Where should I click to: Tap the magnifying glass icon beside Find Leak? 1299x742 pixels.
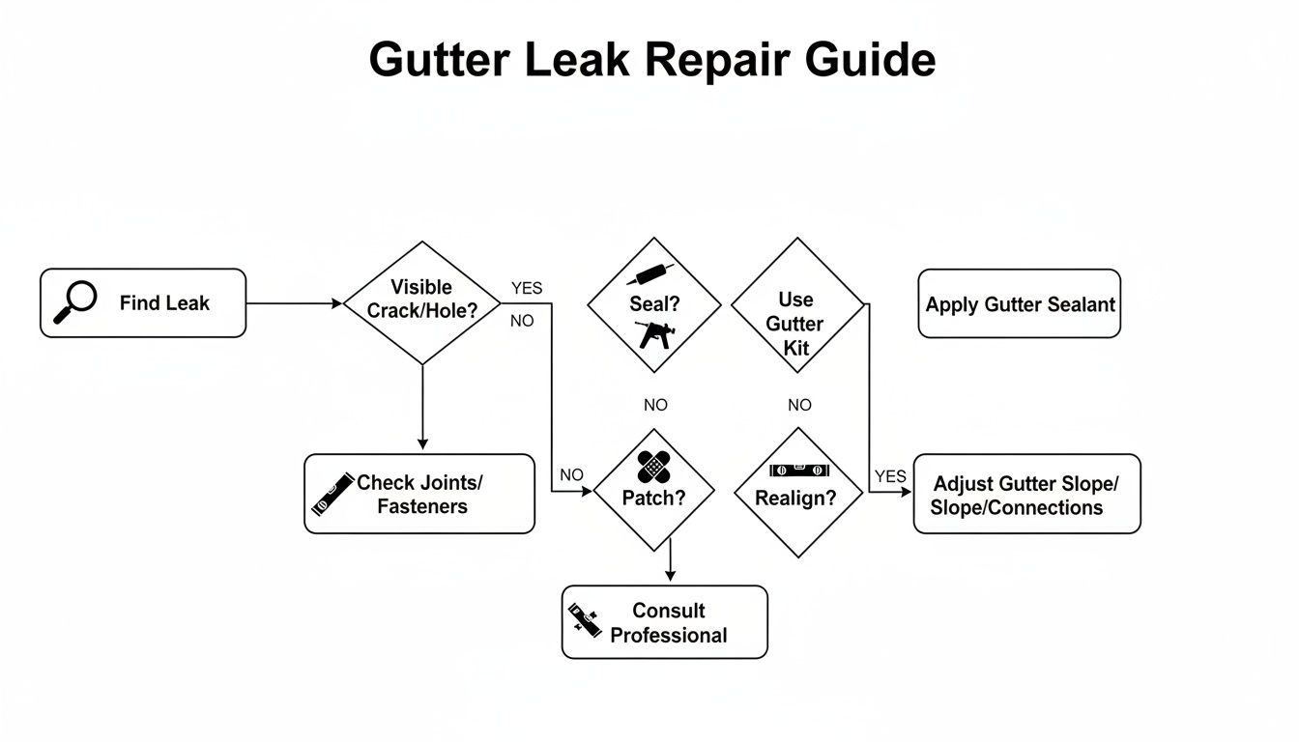click(x=74, y=301)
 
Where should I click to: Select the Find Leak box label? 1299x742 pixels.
click(x=164, y=302)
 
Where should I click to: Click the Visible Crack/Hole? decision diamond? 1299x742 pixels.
click(x=422, y=301)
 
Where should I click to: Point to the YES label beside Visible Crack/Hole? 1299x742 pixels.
click(x=527, y=288)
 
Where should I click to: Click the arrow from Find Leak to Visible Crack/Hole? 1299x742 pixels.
click(x=295, y=303)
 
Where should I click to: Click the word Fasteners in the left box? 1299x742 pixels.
click(x=422, y=506)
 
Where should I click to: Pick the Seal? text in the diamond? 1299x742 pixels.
click(x=654, y=303)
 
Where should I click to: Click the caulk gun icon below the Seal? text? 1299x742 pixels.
click(x=657, y=334)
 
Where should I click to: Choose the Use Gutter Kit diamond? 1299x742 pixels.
click(x=796, y=307)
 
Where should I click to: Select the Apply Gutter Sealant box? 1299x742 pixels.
click(x=1020, y=304)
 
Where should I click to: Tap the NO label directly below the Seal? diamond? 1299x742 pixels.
click(x=655, y=405)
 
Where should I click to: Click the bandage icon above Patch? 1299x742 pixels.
click(x=654, y=467)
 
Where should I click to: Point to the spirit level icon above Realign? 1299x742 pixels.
click(x=798, y=471)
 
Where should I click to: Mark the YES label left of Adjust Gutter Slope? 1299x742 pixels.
click(x=890, y=476)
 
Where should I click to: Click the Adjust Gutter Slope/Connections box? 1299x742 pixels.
click(x=1026, y=494)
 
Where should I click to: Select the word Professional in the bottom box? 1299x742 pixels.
click(x=669, y=635)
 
